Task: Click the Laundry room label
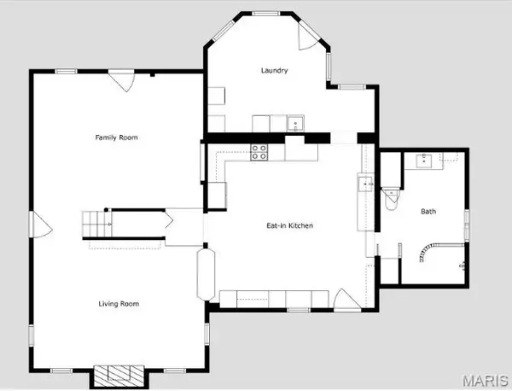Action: point(275,71)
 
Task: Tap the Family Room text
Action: point(116,137)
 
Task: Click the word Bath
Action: point(428,211)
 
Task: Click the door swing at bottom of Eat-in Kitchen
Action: point(344,300)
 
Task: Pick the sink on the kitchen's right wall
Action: point(364,183)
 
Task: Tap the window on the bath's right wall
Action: point(467,224)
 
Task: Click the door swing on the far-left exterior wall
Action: point(39,226)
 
